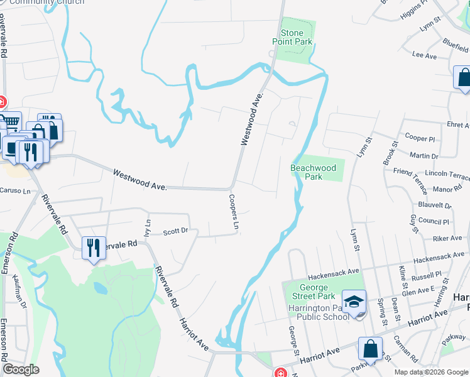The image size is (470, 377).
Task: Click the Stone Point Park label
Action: tap(292, 38)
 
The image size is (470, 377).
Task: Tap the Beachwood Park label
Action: tap(313, 172)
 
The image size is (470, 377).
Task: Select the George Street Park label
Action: tap(309, 292)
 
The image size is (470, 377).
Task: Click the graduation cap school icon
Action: tap(354, 302)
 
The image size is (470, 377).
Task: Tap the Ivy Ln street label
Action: tap(148, 227)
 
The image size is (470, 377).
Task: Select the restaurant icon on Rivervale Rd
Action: tap(94, 248)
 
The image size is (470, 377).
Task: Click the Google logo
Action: tap(21, 369)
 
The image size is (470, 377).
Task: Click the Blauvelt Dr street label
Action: tap(434, 205)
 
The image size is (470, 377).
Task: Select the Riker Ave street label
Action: tap(447, 239)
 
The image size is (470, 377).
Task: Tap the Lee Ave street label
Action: tap(424, 56)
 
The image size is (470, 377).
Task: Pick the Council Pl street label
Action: tap(434, 222)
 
